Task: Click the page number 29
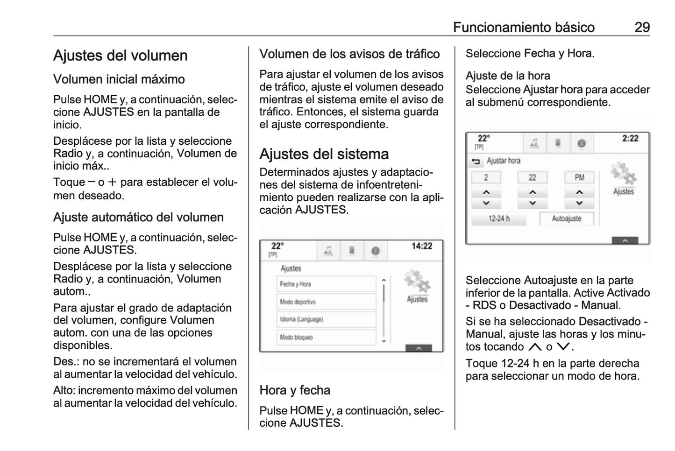(x=642, y=27)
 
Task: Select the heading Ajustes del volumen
(x=120, y=56)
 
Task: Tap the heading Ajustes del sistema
(x=324, y=154)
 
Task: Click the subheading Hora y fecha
(x=295, y=390)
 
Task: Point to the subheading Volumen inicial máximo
(x=119, y=79)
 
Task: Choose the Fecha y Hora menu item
(x=326, y=284)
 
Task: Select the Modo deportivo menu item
(x=326, y=302)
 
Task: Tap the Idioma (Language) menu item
(x=326, y=320)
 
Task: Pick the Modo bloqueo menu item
(x=326, y=337)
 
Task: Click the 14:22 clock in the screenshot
(x=421, y=246)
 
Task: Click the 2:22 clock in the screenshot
(x=630, y=138)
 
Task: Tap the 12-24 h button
(x=498, y=218)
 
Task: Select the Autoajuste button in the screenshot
(x=567, y=218)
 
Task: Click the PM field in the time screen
(x=579, y=177)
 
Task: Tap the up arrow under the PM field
(x=579, y=192)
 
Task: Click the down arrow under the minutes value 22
(x=532, y=204)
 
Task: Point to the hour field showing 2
(x=486, y=177)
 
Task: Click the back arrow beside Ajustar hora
(x=476, y=162)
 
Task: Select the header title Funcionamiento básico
(x=524, y=27)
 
